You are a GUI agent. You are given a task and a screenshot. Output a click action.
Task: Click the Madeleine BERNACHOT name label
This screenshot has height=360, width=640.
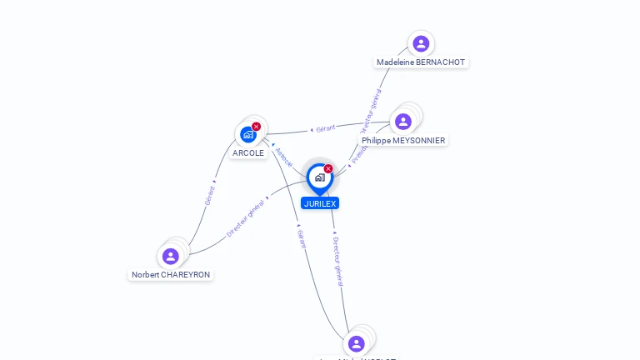pos(421,62)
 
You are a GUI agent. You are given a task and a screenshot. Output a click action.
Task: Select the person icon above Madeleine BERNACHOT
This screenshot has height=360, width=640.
pos(421,43)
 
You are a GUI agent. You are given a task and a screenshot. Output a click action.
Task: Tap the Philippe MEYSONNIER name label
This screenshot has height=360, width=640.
pos(403,141)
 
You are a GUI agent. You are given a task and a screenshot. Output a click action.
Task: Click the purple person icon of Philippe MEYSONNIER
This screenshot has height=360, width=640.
pos(403,122)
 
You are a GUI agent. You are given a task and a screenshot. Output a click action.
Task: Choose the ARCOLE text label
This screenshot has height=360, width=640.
pos(248,153)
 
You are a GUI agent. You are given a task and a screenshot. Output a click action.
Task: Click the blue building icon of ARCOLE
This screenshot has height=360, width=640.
pos(247,134)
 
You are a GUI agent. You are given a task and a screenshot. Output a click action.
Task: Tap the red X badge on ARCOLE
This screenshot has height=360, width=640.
pos(257,127)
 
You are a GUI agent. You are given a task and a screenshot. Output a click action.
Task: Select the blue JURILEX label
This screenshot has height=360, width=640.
pos(320,203)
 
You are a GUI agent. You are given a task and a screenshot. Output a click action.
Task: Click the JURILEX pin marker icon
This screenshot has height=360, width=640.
pos(319,177)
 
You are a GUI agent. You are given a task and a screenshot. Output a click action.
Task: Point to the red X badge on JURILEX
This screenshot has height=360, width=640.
pos(328,169)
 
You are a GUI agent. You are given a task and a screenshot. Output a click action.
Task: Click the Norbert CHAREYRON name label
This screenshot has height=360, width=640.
pos(171,275)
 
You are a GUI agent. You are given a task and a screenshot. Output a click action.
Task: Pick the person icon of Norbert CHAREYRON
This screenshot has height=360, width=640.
pos(171,256)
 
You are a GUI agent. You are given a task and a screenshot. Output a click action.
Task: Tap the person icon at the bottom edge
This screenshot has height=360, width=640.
pos(357,343)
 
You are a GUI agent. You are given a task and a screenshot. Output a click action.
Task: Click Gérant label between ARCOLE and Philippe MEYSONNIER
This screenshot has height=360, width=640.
pos(325,128)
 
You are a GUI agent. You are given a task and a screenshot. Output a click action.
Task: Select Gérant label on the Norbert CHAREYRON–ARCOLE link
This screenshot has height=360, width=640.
pos(210,194)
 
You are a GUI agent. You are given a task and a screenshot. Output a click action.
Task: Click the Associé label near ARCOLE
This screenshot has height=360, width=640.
pos(284,157)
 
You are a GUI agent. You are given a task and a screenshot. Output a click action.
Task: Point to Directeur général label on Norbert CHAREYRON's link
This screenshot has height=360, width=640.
pos(246,217)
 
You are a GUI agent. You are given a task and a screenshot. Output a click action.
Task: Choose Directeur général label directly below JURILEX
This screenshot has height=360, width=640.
pos(337,261)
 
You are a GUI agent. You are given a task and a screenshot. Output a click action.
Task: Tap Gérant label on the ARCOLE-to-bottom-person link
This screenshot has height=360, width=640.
pos(302,238)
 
